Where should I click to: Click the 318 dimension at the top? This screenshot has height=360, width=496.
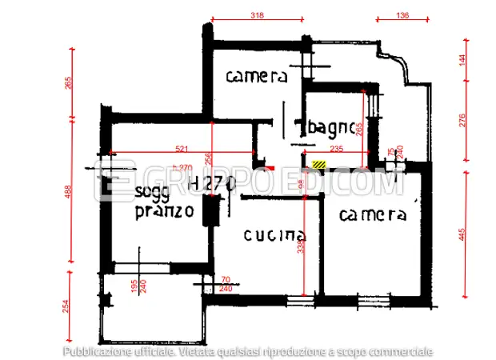coord(257,15)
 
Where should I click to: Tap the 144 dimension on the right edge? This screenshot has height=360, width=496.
coord(462,62)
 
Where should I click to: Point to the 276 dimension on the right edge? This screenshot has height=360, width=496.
coord(462,120)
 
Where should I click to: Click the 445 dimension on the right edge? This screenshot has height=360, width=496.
coord(462,234)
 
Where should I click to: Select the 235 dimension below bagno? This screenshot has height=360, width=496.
coord(337,149)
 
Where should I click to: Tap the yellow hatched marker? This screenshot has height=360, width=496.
coord(319,163)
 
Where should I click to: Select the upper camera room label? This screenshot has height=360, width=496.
coord(256,77)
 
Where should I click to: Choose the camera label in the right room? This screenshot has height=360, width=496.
coord(373,214)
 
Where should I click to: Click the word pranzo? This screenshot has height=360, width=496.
coord(164,211)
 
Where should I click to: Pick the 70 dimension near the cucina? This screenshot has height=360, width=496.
coord(225,280)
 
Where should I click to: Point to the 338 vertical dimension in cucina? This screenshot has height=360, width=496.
coord(301,248)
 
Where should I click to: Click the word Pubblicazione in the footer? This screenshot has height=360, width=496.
coord(97,350)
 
